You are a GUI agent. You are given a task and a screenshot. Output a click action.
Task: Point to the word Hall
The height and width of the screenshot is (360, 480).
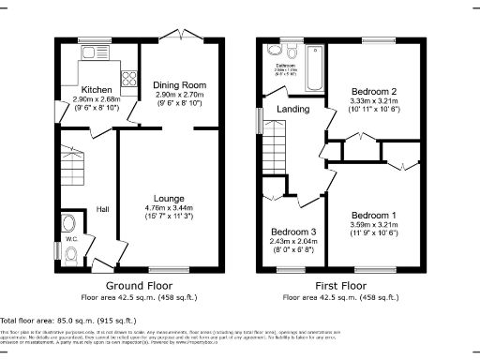click(x=102, y=209)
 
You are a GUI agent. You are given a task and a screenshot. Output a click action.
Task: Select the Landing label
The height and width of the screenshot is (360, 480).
click(x=292, y=109)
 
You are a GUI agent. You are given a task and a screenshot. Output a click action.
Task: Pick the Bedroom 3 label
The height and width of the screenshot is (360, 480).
click(x=293, y=232)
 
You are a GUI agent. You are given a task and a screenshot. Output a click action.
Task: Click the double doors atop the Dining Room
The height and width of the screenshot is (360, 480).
click(x=179, y=34)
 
